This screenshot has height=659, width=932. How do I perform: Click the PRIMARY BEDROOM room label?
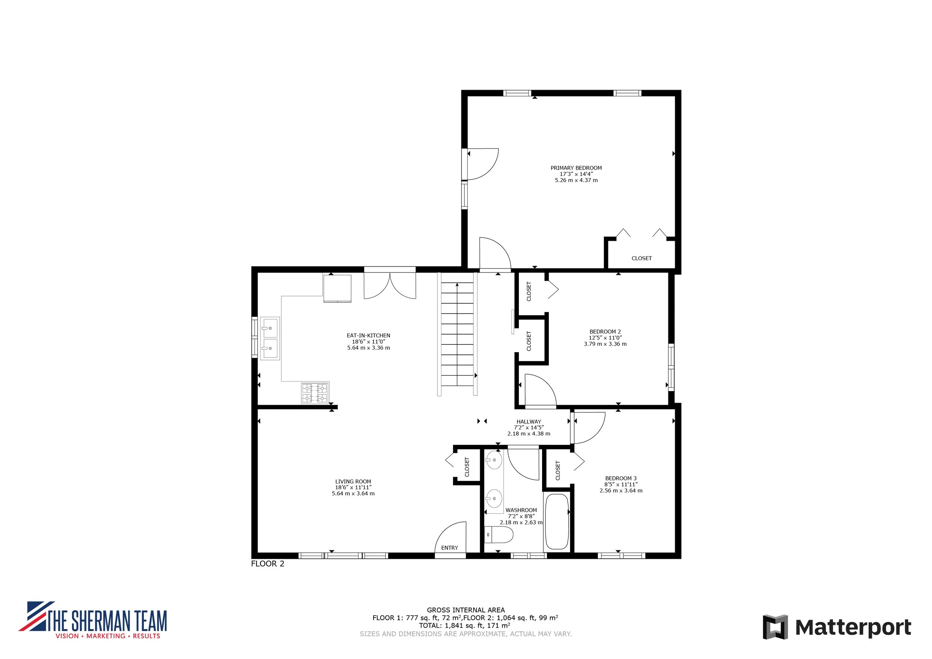pos(576,168)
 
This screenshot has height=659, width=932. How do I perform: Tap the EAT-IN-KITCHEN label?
pos(369,335)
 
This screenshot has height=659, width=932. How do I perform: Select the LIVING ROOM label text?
pos(353,482)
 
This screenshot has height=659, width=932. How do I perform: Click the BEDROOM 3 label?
pos(621,479)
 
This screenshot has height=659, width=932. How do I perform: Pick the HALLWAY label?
pos(529,422)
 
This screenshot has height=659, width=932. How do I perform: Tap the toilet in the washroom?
pos(499,535)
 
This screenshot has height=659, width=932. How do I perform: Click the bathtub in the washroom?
pos(557,521)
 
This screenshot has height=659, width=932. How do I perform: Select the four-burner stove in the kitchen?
pos(315,393)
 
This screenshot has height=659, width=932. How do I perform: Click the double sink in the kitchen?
pos(270,338)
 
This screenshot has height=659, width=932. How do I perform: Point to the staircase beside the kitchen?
pos(457,334)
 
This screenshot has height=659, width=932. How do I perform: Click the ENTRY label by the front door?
pos(450,548)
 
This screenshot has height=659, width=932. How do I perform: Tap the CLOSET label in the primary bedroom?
pos(642,258)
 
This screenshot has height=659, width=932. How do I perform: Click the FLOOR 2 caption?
pos(268,564)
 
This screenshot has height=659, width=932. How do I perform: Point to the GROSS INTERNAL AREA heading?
pos(466,610)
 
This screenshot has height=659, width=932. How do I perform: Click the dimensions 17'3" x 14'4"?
pos(576,174)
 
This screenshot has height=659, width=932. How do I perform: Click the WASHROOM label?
pos(521,510)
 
